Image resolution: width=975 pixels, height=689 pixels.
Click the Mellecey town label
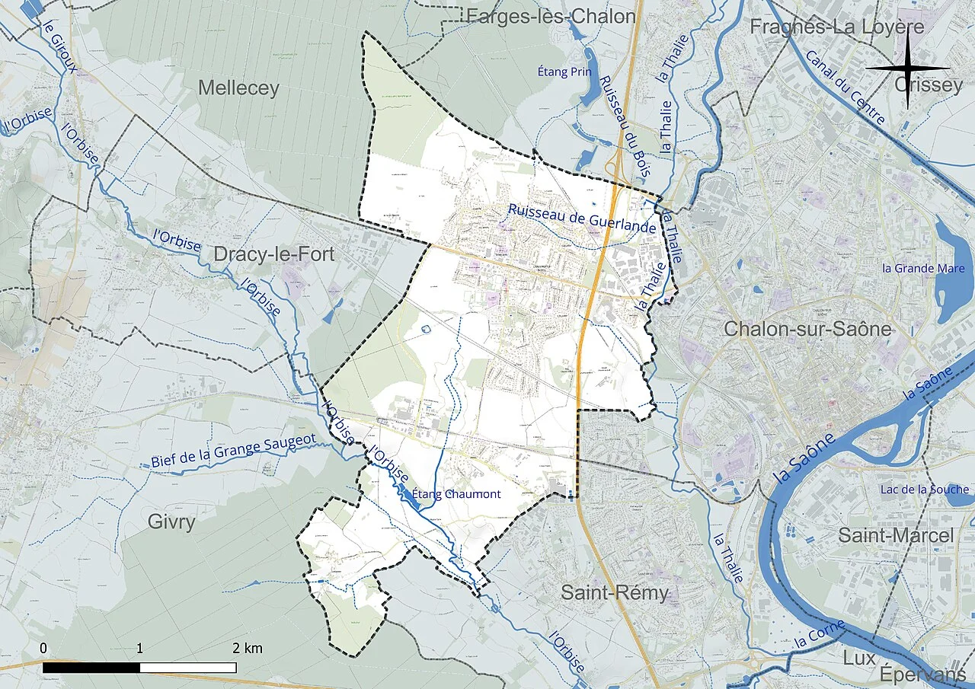pyautogui.click(x=238, y=88)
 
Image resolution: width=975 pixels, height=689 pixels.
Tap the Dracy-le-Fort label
pyautogui.click(x=273, y=254)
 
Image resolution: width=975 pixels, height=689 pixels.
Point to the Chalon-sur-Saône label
pyautogui.click(x=807, y=329)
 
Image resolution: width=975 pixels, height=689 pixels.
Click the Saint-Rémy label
pyautogui.click(x=615, y=592)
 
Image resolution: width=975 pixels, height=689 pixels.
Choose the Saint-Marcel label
pyautogui.click(x=895, y=535)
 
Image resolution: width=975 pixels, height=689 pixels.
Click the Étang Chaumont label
pyautogui.click(x=456, y=494)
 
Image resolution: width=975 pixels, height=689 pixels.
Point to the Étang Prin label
pyautogui.click(x=564, y=72)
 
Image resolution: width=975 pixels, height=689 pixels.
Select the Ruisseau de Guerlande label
pyautogui.click(x=582, y=219)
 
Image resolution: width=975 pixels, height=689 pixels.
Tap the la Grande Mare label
pyautogui.click(x=923, y=268)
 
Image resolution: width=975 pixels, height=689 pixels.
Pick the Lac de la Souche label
pyautogui.click(x=924, y=489)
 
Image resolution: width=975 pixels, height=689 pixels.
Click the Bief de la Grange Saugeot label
pyautogui.click(x=232, y=453)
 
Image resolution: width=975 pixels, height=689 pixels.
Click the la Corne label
pyautogui.click(x=820, y=634)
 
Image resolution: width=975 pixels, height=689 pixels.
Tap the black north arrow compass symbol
pyautogui.click(x=907, y=69)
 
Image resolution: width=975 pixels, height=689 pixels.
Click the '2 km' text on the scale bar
pyautogui.click(x=248, y=649)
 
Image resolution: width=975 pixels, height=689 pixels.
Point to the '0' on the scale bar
pyautogui.click(x=43, y=649)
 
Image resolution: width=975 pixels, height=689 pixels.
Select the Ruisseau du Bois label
pyautogui.click(x=622, y=127)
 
